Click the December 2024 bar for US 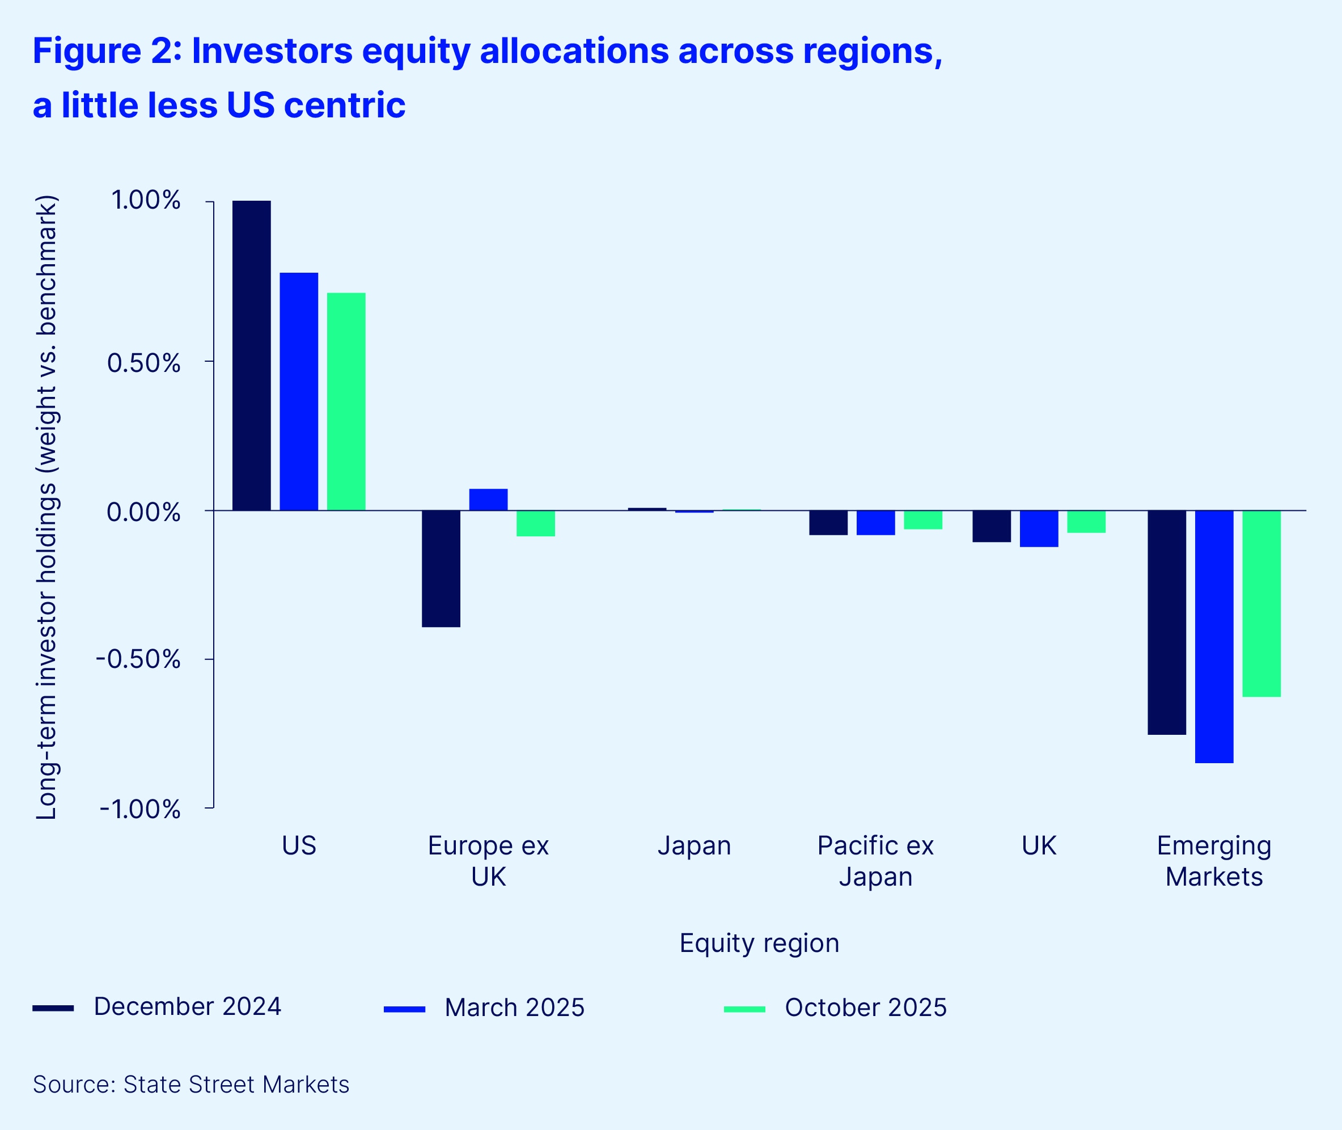pyautogui.click(x=251, y=355)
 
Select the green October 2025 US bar pyautogui.click(x=346, y=401)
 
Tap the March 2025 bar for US pyautogui.click(x=299, y=391)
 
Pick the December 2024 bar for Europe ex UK pyautogui.click(x=441, y=568)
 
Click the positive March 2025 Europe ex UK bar pyautogui.click(x=488, y=500)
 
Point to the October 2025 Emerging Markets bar pyautogui.click(x=1261, y=603)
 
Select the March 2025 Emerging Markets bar pyautogui.click(x=1214, y=636)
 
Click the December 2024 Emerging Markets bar pyautogui.click(x=1166, y=622)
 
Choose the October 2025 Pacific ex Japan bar pyautogui.click(x=923, y=519)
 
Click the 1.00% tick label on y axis pyautogui.click(x=146, y=200)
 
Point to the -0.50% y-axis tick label pyautogui.click(x=138, y=659)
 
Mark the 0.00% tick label pyautogui.click(x=143, y=512)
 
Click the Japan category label pyautogui.click(x=694, y=845)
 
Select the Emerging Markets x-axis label pyautogui.click(x=1214, y=861)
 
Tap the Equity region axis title pyautogui.click(x=759, y=943)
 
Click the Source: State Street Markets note pyautogui.click(x=191, y=1085)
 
